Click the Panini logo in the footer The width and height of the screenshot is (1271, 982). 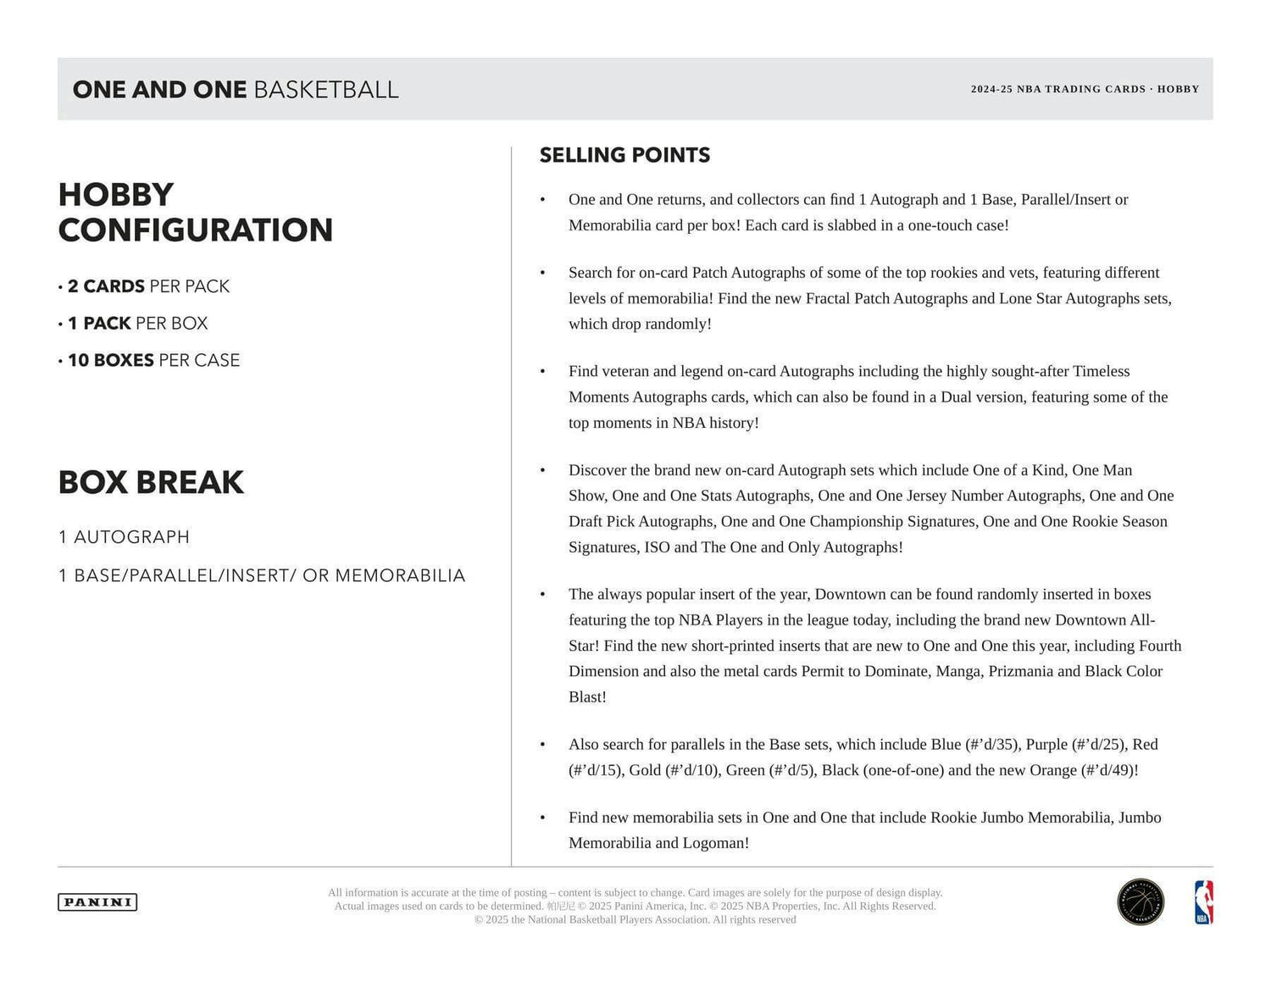coord(97,902)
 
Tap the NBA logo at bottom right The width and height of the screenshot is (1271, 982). coord(1203,902)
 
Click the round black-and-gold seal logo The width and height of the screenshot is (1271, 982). coord(1141,902)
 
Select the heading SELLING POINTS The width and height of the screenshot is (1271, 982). coord(624,155)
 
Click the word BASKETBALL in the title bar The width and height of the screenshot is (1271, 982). coord(325,90)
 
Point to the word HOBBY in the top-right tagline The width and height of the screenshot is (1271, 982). coord(1178,89)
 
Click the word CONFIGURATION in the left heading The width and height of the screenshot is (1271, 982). coord(196,230)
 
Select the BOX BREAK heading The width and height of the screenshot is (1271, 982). coord(151,482)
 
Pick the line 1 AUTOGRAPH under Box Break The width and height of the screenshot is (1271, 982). coord(124,537)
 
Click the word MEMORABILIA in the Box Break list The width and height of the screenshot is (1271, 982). coord(400,576)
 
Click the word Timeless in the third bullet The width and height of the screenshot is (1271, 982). coord(1101,371)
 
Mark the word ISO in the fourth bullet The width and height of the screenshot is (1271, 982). coord(657,547)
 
